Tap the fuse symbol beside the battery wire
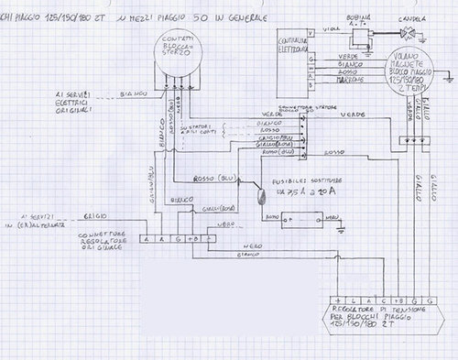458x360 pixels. click(x=258, y=193)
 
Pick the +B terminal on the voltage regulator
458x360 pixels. click(x=397, y=301)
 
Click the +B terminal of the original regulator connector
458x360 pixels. click(x=192, y=238)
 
